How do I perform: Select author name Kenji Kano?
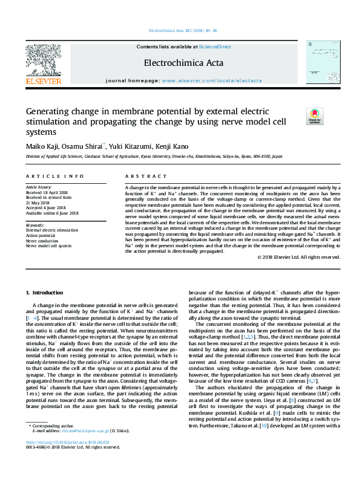(172, 146)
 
